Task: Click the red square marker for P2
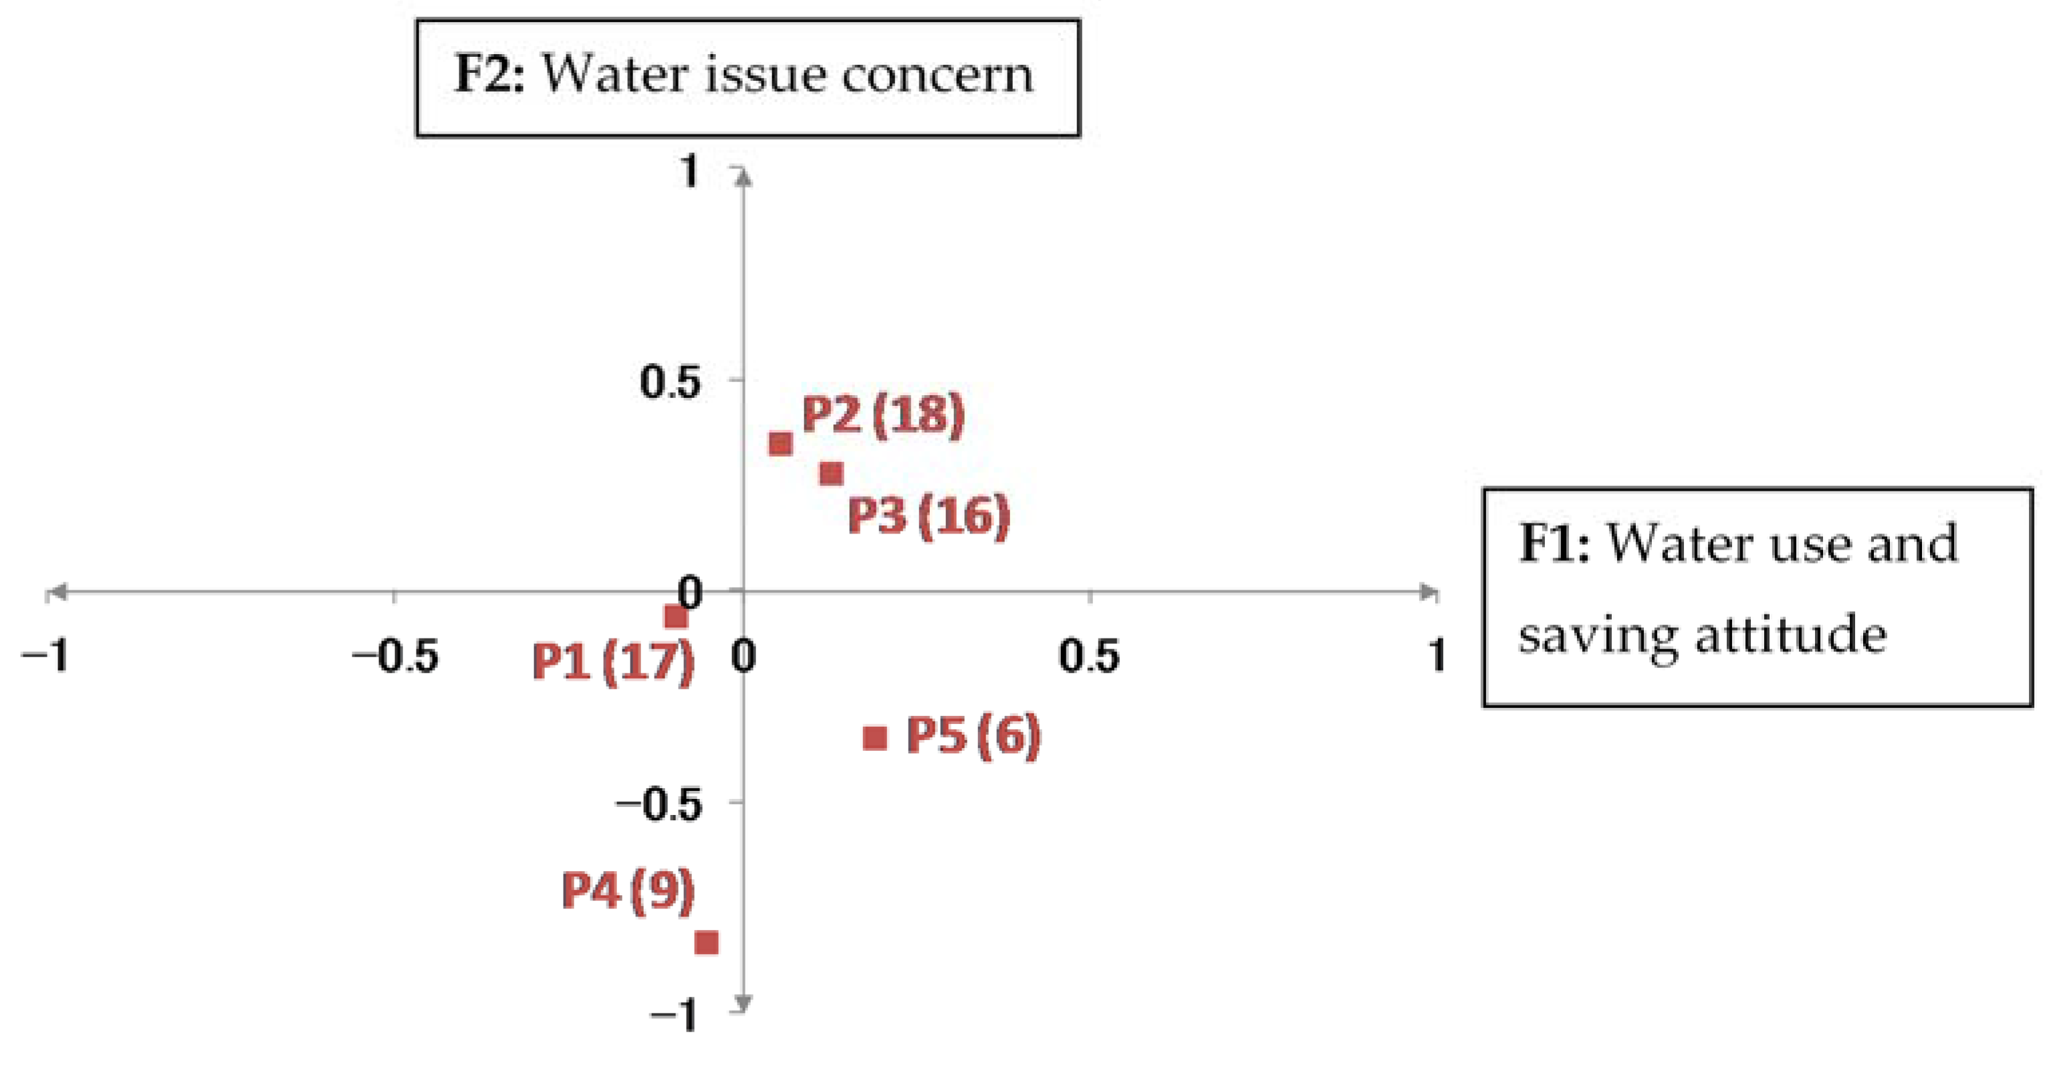click(x=780, y=443)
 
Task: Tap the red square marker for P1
click(x=676, y=617)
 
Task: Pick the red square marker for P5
click(x=875, y=738)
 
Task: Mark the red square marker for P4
click(x=706, y=943)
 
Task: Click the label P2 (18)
click(x=883, y=415)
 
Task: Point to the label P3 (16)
click(x=929, y=515)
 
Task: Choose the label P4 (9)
click(x=628, y=890)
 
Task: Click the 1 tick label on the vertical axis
click(x=689, y=171)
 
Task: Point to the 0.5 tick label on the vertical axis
click(x=671, y=382)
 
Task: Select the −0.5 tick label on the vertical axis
click(x=659, y=805)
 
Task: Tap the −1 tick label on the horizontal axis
click(x=45, y=657)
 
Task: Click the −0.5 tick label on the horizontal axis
click(x=396, y=657)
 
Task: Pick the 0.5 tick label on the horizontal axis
click(x=1088, y=657)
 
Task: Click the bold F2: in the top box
click(x=489, y=74)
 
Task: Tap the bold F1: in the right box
click(x=1554, y=544)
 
